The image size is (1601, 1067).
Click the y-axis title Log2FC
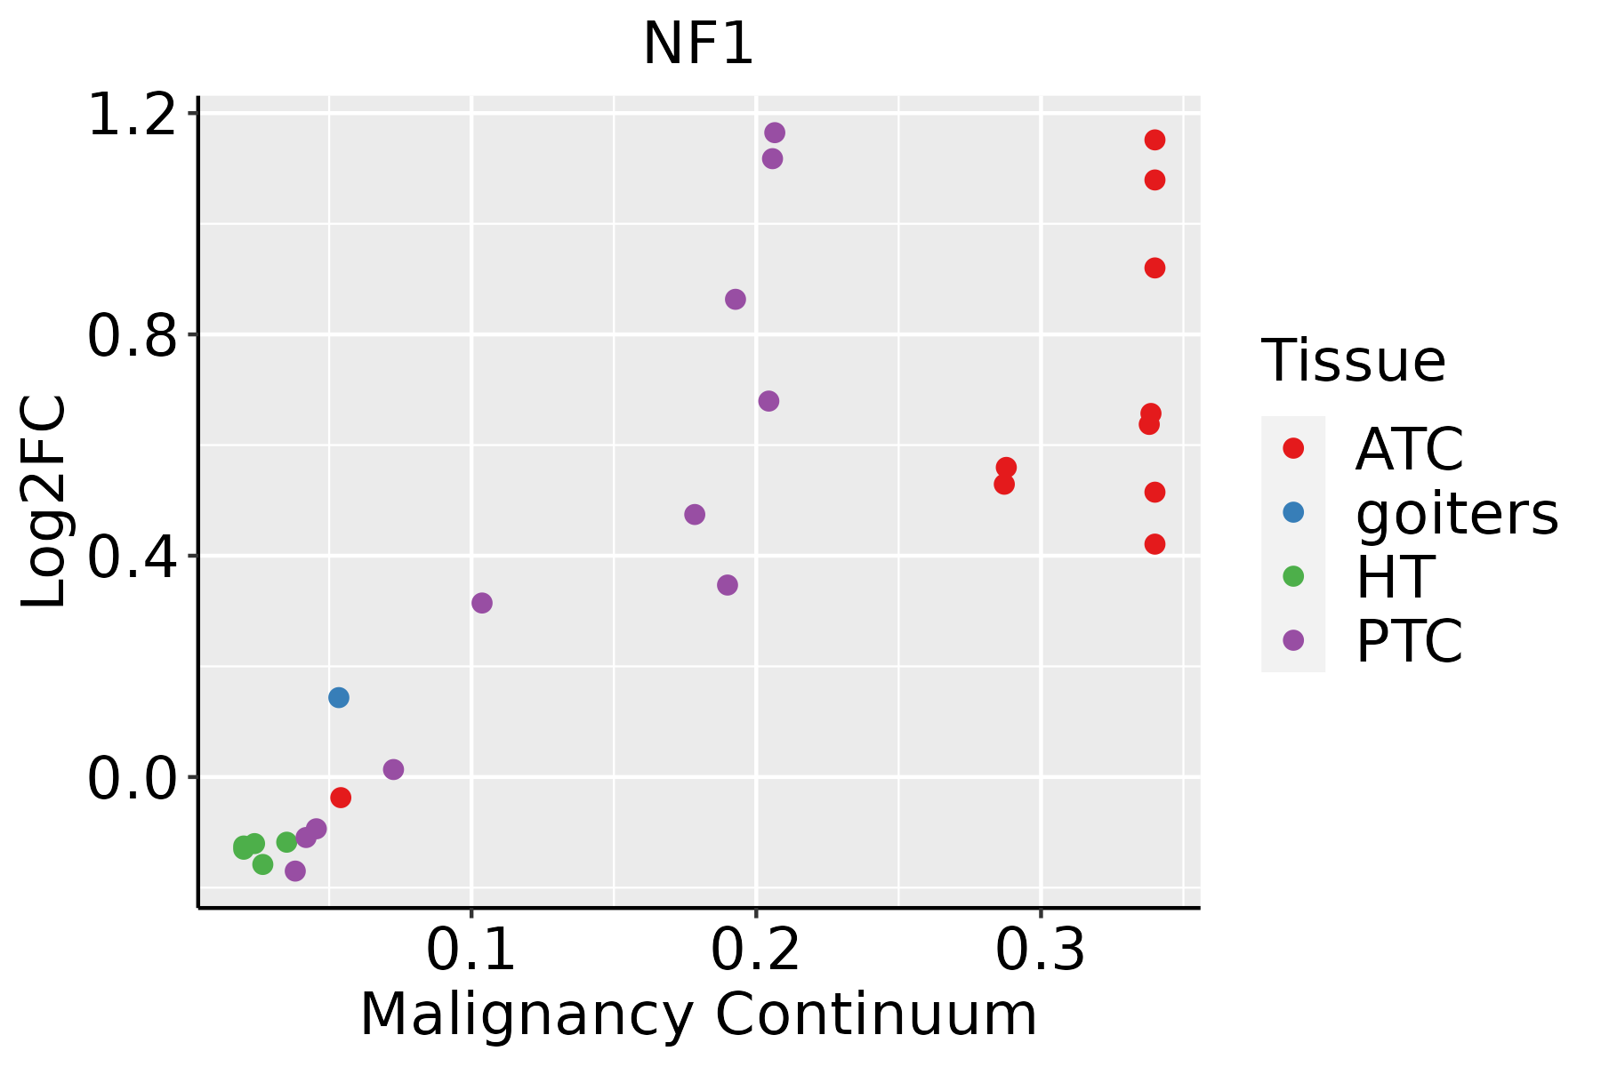[x=44, y=501]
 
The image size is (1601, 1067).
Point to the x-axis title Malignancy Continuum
[x=698, y=1015]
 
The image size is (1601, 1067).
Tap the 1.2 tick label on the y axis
[x=132, y=115]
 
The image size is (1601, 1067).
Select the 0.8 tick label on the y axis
[x=132, y=335]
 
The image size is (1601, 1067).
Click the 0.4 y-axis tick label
[x=132, y=557]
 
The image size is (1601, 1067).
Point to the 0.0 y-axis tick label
[x=132, y=778]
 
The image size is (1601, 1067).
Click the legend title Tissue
[x=1354, y=361]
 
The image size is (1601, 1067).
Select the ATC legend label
[x=1409, y=449]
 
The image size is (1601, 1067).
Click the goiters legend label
[x=1457, y=513]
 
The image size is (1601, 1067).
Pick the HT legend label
[x=1395, y=577]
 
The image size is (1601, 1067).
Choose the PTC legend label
[x=1409, y=641]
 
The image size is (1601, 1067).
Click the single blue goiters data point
[x=339, y=697]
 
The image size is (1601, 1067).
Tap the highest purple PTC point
[x=775, y=132]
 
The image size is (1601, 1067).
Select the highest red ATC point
[x=1155, y=140]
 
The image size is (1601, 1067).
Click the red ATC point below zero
[x=341, y=798]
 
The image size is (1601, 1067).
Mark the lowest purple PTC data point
[x=295, y=870]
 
